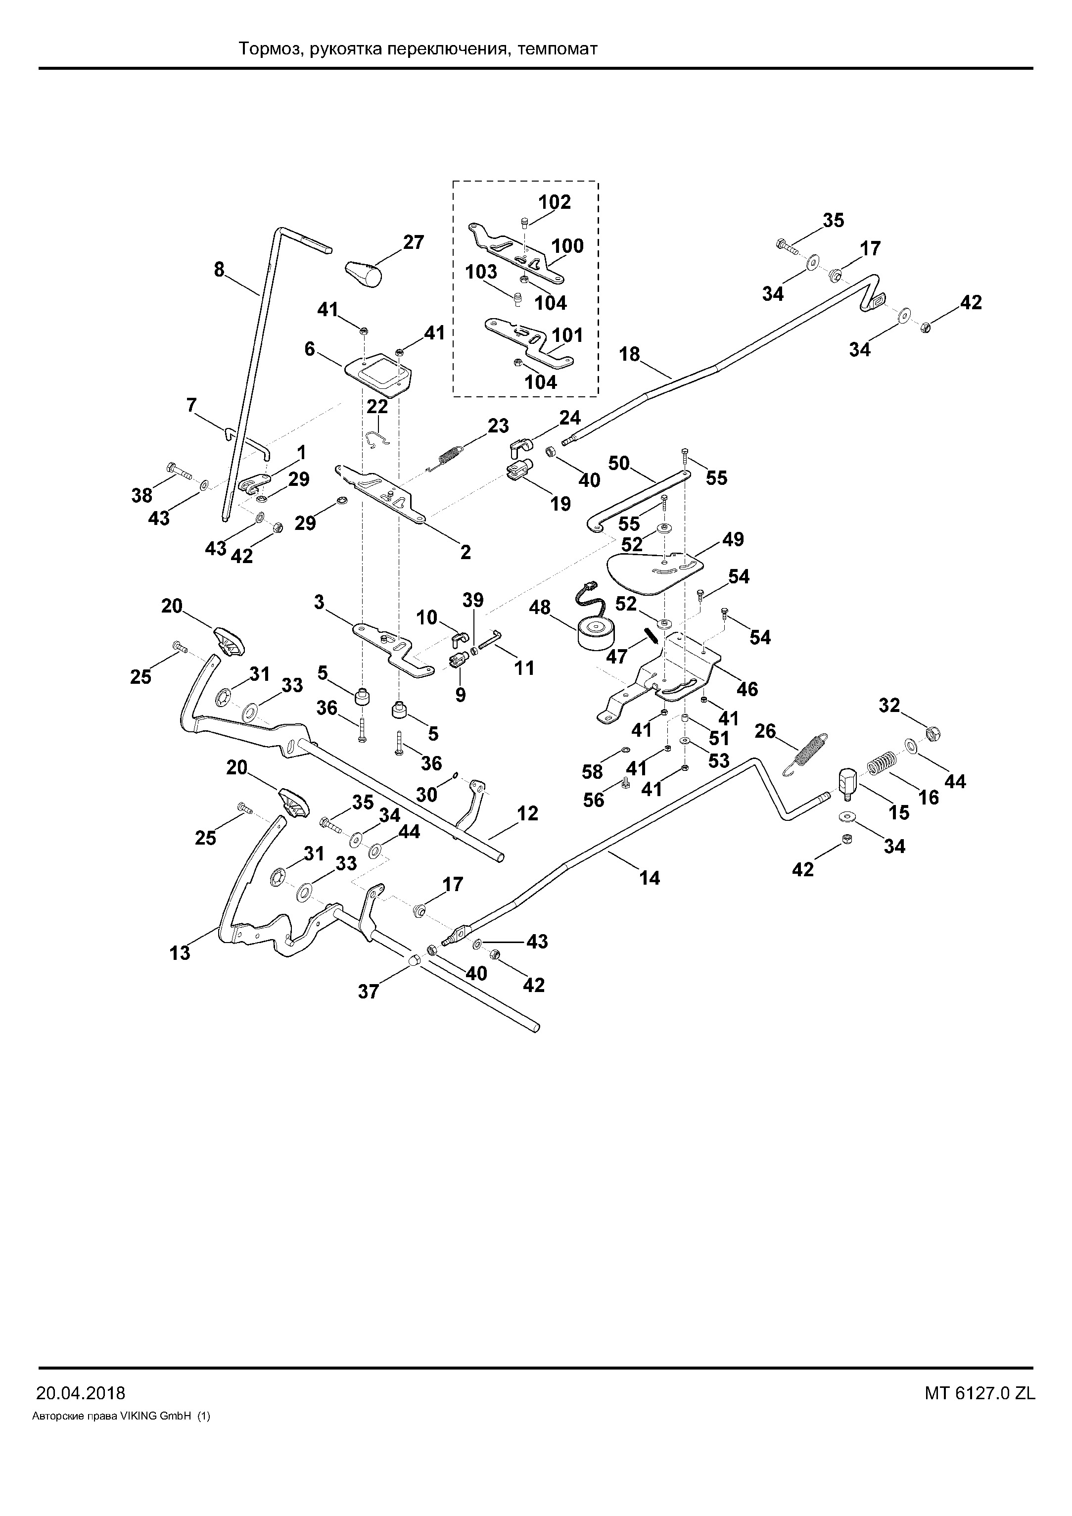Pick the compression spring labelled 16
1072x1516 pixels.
(x=881, y=763)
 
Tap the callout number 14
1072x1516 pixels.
(x=650, y=878)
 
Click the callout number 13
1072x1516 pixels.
(x=180, y=953)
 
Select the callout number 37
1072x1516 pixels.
(x=369, y=991)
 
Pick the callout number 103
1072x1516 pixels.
(x=481, y=272)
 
